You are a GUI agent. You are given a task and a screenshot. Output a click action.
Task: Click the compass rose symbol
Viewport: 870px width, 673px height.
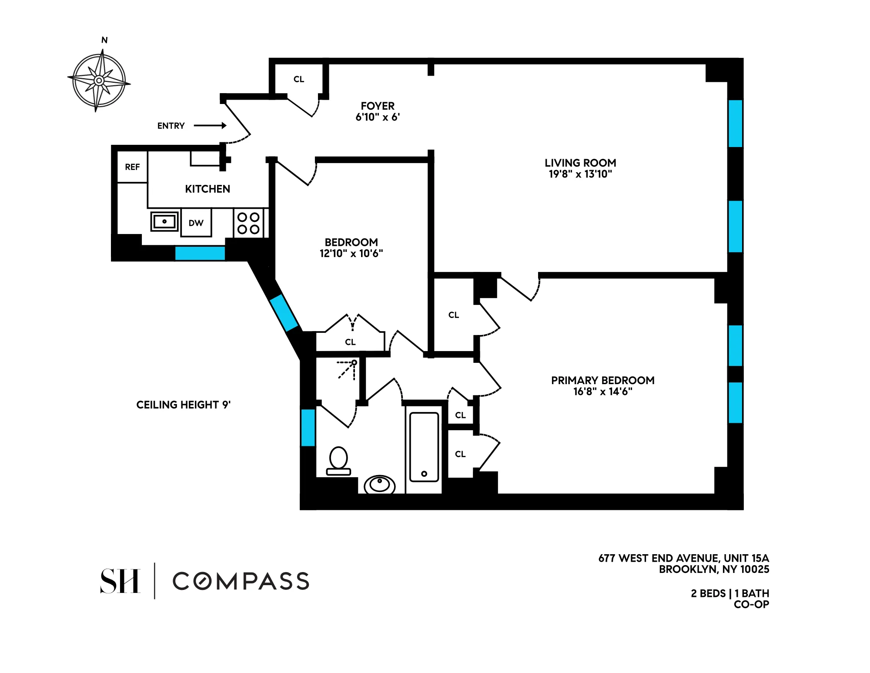99,80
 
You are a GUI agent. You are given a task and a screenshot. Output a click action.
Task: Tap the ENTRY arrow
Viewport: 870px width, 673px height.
210,126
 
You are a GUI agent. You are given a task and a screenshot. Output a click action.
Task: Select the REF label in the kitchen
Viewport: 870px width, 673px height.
132,167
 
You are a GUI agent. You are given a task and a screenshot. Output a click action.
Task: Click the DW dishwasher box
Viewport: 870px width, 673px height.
196,223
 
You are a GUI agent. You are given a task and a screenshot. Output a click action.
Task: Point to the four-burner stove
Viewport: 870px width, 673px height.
248,223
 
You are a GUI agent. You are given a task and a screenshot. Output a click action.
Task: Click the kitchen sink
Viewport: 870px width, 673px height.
164,221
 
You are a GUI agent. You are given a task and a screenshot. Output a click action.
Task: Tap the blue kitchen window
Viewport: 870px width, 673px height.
200,253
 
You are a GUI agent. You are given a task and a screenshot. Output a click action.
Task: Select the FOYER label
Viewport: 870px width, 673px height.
377,106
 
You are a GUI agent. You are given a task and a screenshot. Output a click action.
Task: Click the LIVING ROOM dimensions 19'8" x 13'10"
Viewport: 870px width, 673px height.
580,174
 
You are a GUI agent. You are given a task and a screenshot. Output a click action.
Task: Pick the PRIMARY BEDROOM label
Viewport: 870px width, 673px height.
602,380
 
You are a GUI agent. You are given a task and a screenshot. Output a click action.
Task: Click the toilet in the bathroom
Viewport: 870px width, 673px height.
338,461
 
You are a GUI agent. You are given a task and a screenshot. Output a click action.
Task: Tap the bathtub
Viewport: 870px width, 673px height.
424,447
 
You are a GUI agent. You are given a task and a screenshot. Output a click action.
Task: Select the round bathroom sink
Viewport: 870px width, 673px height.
379,484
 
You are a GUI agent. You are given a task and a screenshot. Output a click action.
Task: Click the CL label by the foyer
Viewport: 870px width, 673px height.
298,79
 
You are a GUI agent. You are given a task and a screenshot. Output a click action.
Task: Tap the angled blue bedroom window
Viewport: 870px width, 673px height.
284,312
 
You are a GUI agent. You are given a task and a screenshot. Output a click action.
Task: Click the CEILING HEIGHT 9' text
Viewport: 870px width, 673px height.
183,405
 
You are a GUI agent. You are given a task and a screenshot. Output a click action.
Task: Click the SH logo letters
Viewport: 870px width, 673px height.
120,581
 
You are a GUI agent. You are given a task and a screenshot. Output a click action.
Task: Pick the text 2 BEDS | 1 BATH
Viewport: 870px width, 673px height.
729,593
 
